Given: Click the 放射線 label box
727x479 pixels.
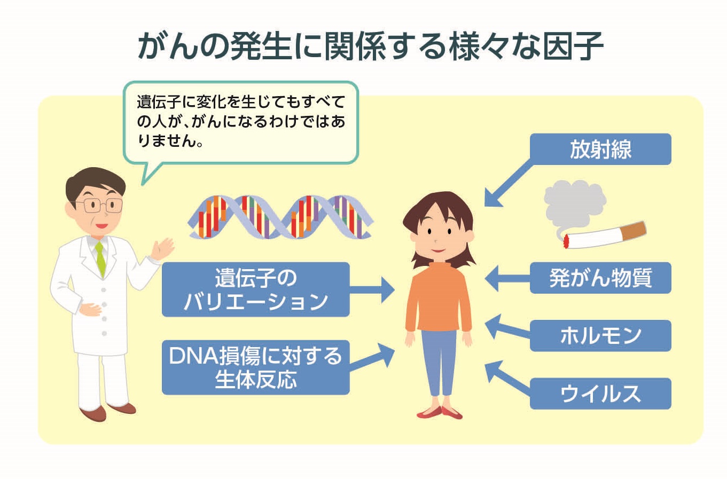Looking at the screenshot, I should [600, 149].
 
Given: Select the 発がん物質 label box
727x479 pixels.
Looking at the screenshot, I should [600, 278].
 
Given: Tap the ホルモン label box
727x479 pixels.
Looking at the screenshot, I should [600, 335].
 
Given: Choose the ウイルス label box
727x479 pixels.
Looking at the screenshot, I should [600, 394].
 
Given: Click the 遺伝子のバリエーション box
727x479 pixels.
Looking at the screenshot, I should [255, 289].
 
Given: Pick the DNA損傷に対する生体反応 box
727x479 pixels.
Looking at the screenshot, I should [255, 367].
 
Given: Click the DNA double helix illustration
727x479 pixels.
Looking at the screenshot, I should [280, 217].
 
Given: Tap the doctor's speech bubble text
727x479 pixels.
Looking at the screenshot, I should [240, 121].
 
